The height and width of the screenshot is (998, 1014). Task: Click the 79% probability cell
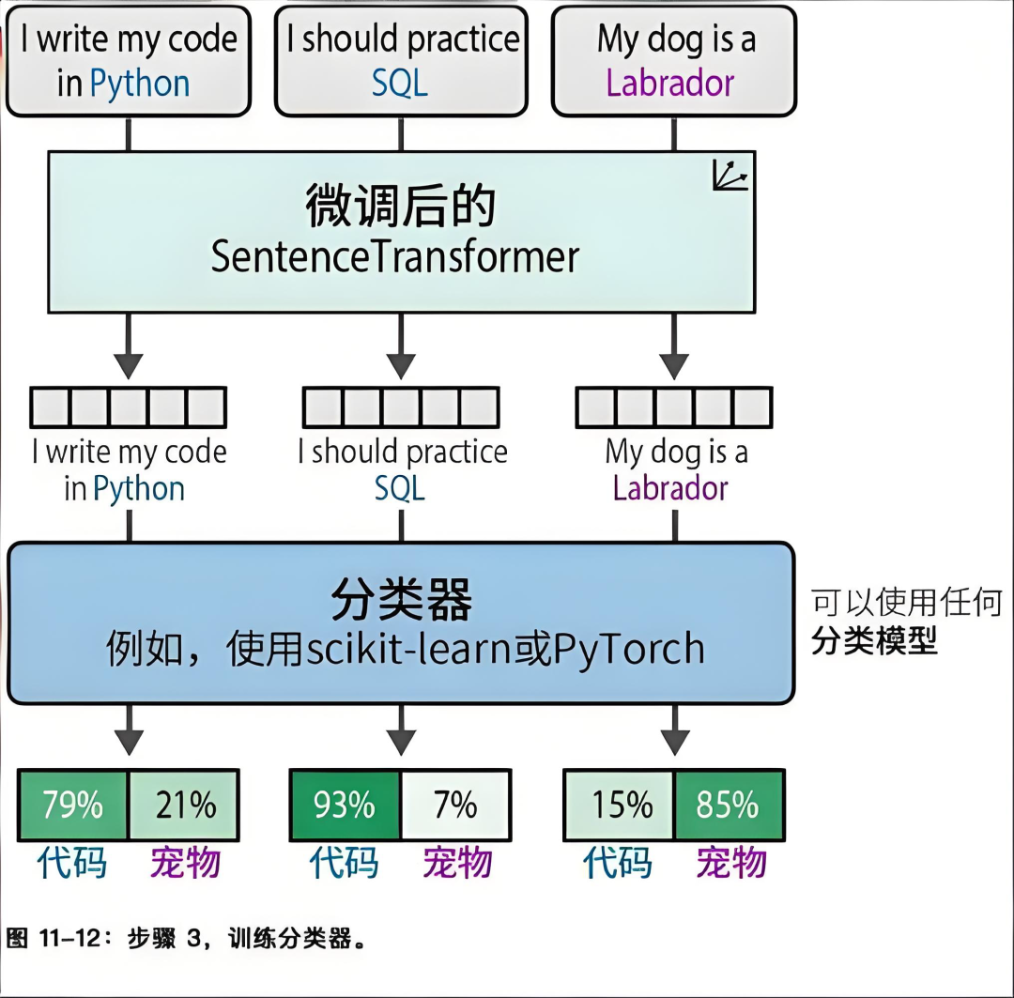(x=72, y=806)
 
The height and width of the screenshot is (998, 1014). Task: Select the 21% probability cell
(x=184, y=806)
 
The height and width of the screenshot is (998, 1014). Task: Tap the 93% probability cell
(x=345, y=806)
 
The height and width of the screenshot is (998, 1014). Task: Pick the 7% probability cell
(x=455, y=806)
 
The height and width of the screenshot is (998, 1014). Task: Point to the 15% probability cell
(x=620, y=806)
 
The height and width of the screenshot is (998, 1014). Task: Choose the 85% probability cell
(x=729, y=806)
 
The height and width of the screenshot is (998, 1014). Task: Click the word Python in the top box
(x=140, y=84)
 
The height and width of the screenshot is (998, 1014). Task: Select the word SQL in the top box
(x=400, y=84)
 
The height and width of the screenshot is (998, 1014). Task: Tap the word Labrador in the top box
(x=670, y=84)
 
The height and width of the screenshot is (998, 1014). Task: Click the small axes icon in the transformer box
(x=730, y=176)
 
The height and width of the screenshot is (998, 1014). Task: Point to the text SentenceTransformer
(x=394, y=257)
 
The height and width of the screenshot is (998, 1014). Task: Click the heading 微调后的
(x=400, y=207)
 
